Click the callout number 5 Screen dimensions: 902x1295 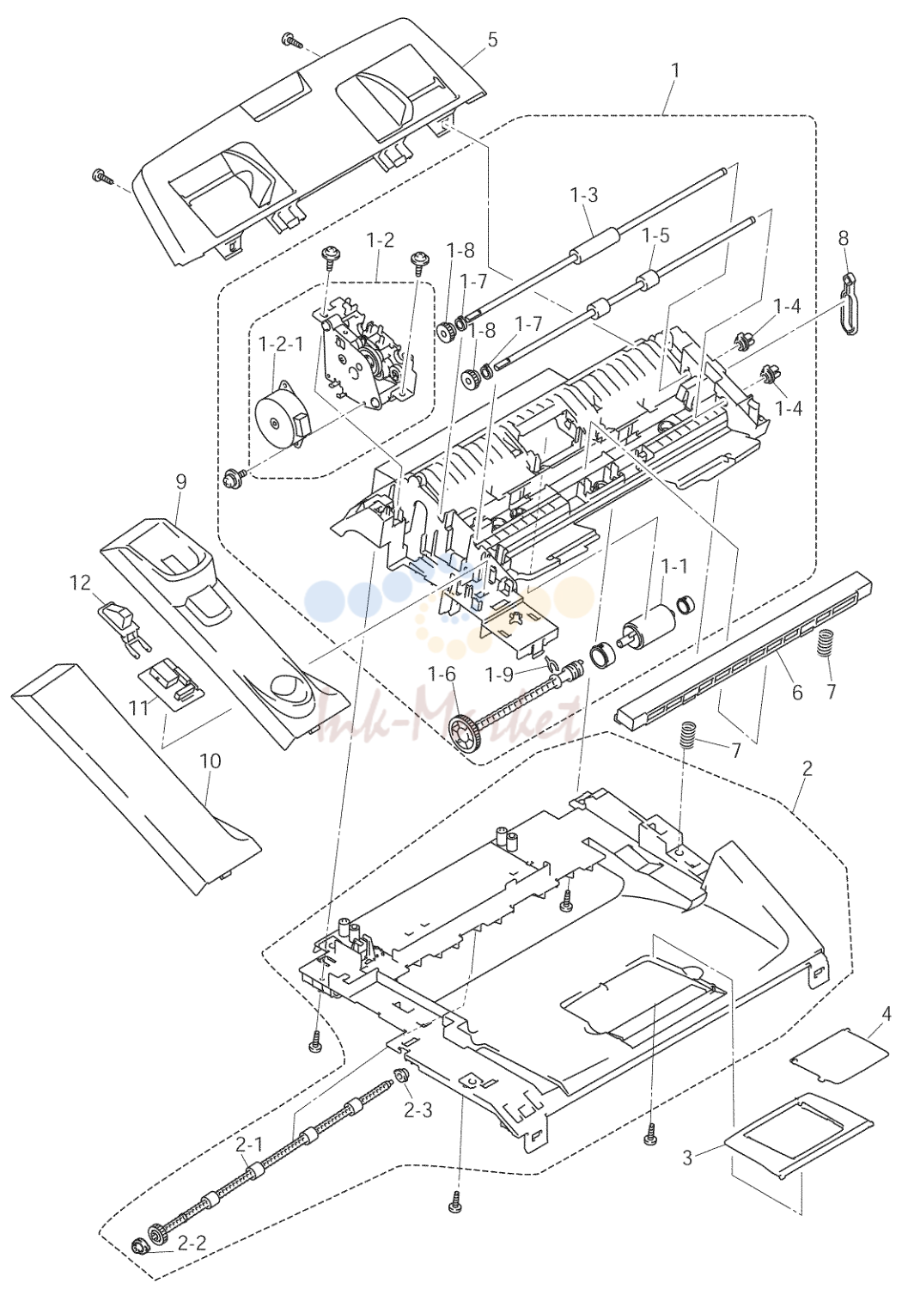click(491, 41)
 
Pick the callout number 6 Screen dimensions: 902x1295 click(797, 692)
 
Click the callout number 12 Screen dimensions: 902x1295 click(80, 583)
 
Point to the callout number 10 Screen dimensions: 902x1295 click(210, 761)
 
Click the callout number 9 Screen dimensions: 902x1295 click(181, 482)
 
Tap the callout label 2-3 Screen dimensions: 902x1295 click(417, 1110)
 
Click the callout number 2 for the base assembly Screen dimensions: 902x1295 click(808, 768)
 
